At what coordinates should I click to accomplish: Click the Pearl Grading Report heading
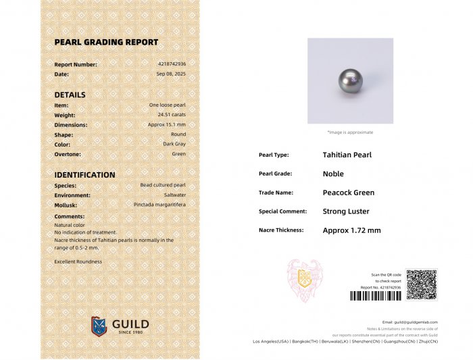click(x=106, y=42)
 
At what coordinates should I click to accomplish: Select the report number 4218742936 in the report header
click(x=172, y=64)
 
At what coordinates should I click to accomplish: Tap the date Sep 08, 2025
click(x=171, y=74)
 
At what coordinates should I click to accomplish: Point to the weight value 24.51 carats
click(x=172, y=115)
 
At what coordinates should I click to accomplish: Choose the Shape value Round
click(x=178, y=134)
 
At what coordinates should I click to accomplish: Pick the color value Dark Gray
click(x=174, y=144)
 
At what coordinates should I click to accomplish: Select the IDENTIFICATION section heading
click(x=84, y=175)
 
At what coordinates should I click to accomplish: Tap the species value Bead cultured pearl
click(x=163, y=185)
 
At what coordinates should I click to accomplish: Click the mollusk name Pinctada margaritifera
click(x=159, y=204)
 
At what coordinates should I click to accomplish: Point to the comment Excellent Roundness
click(x=78, y=261)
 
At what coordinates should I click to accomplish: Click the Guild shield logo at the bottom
click(x=99, y=326)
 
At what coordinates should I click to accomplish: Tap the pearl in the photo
click(x=351, y=80)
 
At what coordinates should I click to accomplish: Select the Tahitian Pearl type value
click(x=347, y=155)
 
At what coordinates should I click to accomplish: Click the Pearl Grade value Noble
click(x=333, y=174)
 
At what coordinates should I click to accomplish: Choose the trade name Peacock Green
click(x=349, y=192)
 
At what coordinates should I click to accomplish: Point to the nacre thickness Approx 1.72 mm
click(x=351, y=230)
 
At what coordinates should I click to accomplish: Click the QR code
click(x=422, y=284)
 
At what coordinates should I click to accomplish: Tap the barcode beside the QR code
click(x=375, y=296)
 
